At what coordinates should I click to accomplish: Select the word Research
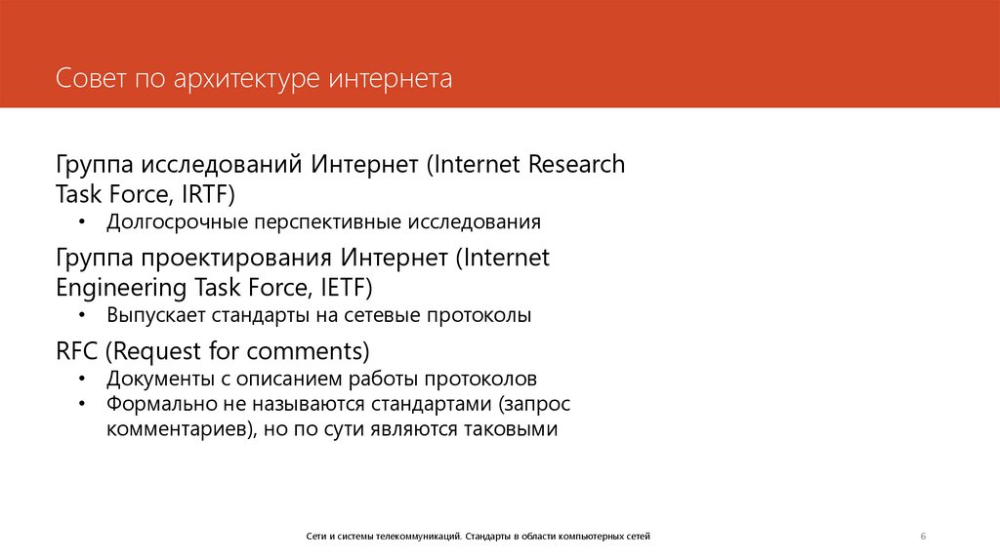pos(576,164)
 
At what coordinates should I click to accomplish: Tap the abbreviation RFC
pos(77,350)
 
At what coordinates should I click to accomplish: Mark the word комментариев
pos(176,429)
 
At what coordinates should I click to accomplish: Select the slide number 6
pos(923,537)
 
